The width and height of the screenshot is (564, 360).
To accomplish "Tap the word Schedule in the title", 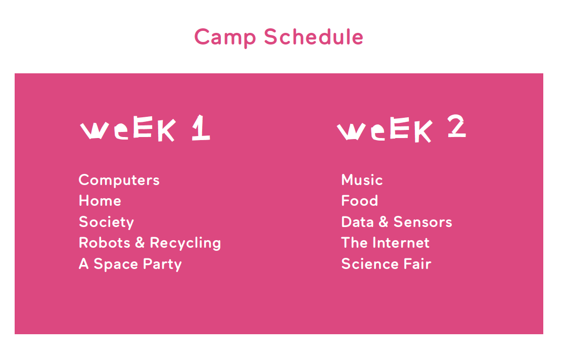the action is pyautogui.click(x=314, y=36).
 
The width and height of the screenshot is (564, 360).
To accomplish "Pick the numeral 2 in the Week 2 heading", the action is pyautogui.click(x=457, y=125).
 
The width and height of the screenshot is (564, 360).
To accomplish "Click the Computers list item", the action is pyautogui.click(x=119, y=180).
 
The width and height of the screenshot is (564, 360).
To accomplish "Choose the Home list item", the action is pyautogui.click(x=100, y=201).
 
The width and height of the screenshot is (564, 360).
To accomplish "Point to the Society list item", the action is pyautogui.click(x=107, y=222).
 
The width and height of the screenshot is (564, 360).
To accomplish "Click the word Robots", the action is pyautogui.click(x=104, y=243).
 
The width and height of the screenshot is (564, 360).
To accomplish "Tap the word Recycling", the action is pyautogui.click(x=185, y=243).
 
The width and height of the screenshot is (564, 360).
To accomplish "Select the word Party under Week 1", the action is pyautogui.click(x=162, y=264).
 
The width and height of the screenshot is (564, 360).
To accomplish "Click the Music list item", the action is pyautogui.click(x=362, y=179).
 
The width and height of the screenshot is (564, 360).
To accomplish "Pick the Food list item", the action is pyautogui.click(x=360, y=201).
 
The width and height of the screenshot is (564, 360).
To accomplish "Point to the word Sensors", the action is pyautogui.click(x=422, y=222).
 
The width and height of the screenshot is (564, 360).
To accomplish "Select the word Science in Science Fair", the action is pyautogui.click(x=370, y=264).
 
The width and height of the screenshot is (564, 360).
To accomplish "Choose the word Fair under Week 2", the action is pyautogui.click(x=417, y=264).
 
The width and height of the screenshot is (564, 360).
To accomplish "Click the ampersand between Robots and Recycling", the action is pyautogui.click(x=140, y=243).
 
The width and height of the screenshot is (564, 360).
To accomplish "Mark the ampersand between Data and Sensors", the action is pyautogui.click(x=384, y=222).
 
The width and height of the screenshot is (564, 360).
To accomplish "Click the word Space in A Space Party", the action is pyautogui.click(x=116, y=264).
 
